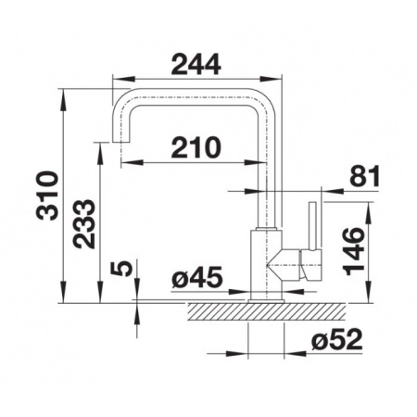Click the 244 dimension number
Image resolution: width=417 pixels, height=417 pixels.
tap(196, 64)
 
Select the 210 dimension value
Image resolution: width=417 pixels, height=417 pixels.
tap(196, 147)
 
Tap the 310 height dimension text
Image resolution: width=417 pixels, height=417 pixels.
tap(47, 196)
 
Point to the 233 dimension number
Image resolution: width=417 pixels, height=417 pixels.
tap(84, 224)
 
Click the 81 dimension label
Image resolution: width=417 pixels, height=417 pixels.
tap(364, 176)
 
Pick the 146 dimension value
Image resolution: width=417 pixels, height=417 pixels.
tap(354, 251)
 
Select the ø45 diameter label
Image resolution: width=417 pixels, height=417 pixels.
tap(197, 277)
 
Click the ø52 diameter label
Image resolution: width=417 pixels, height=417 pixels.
tap(336, 339)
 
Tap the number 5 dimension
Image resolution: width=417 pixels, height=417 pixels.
tap(121, 268)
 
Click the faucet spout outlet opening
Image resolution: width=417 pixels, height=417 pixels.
tap(120, 142)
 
